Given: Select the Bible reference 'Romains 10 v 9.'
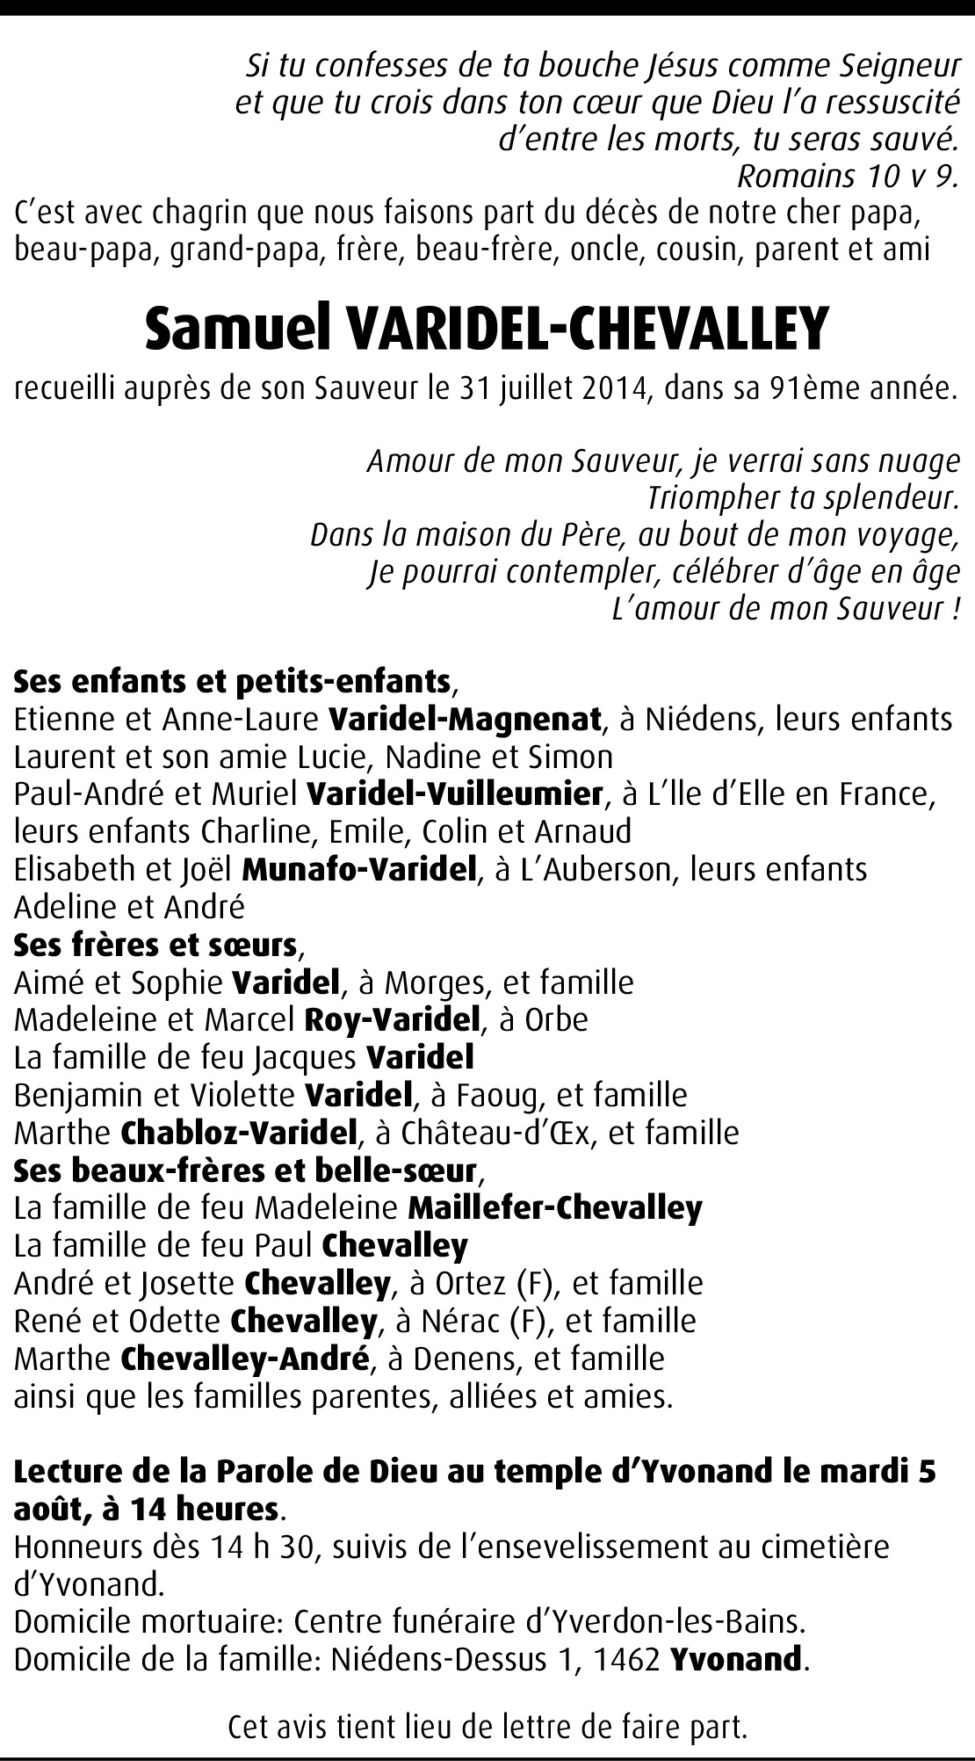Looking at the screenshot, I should (846, 177).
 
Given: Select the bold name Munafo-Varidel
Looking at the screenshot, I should (358, 869).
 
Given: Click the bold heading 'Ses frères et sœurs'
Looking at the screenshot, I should (155, 945).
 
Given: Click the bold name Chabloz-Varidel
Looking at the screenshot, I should (236, 1133).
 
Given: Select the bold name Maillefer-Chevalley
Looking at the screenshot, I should (555, 1208).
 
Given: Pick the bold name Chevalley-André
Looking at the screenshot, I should (242, 1359).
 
